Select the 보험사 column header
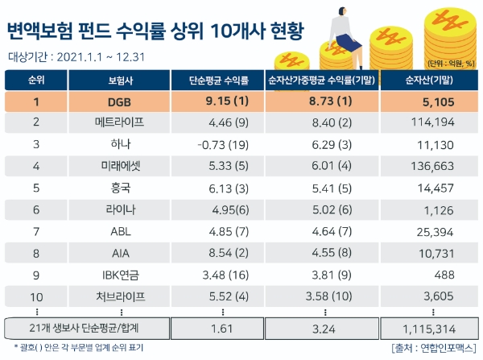[x=119, y=81]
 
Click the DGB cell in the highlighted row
[x=119, y=102]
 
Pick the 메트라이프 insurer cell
[x=119, y=123]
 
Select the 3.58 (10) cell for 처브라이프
[x=324, y=296]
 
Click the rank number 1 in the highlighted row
[x=35, y=102]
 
